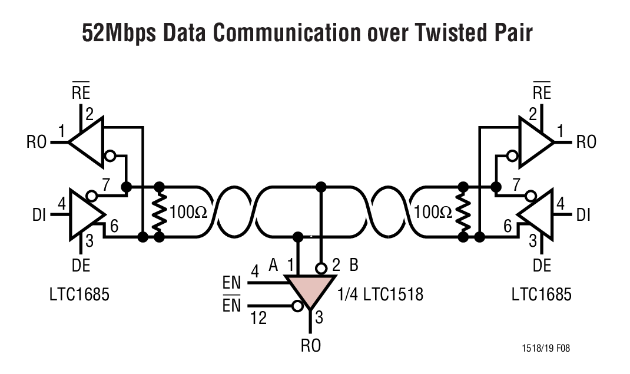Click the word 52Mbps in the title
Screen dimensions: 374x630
click(x=120, y=34)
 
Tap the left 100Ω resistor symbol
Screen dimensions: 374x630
click(x=159, y=212)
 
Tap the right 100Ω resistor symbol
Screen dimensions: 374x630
click(x=463, y=212)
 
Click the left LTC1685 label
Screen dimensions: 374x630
click(x=79, y=293)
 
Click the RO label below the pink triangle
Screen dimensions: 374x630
click(x=311, y=346)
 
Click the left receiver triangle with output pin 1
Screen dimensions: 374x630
click(x=87, y=141)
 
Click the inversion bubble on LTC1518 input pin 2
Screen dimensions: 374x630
click(x=321, y=268)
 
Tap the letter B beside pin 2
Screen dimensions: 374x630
click(x=354, y=264)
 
